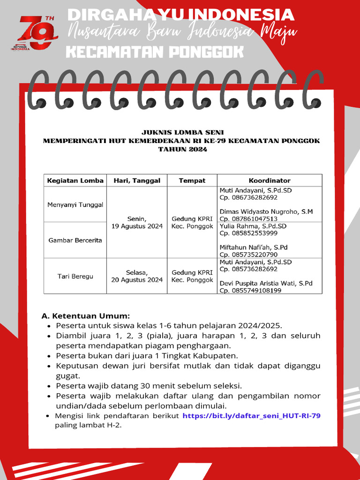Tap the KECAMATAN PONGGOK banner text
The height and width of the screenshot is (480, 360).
(155, 52)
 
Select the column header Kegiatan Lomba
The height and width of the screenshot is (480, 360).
(75, 180)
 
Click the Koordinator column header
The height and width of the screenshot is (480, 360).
(269, 180)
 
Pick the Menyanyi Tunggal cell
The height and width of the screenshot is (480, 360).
(75, 205)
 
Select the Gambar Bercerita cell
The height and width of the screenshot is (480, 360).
(75, 240)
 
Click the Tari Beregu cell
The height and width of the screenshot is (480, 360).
(75, 276)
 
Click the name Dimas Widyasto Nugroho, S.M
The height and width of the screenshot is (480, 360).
(266, 211)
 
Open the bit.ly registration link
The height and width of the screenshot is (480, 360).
(251, 416)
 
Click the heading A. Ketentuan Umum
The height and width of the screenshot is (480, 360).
(86, 315)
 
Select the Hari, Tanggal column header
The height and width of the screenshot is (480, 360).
(137, 180)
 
